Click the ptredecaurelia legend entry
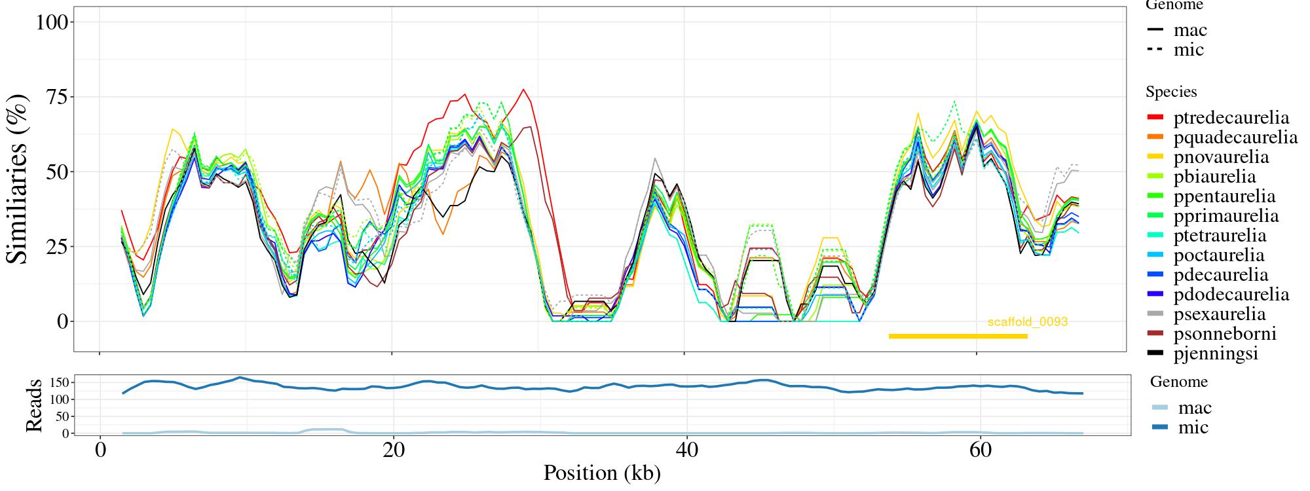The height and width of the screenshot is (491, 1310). [x=1231, y=118]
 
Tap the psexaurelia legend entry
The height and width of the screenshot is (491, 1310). [x=1220, y=314]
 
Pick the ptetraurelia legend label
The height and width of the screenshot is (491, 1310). [x=1220, y=236]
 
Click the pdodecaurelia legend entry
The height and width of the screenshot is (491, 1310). [x=1231, y=295]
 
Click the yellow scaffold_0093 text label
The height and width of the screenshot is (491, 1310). [x=1028, y=322]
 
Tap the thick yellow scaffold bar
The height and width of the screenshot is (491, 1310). [x=958, y=336]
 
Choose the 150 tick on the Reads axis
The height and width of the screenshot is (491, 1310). [x=60, y=382]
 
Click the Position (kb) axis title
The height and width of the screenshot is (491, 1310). [x=601, y=473]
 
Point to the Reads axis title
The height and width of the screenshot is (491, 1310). [x=33, y=405]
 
